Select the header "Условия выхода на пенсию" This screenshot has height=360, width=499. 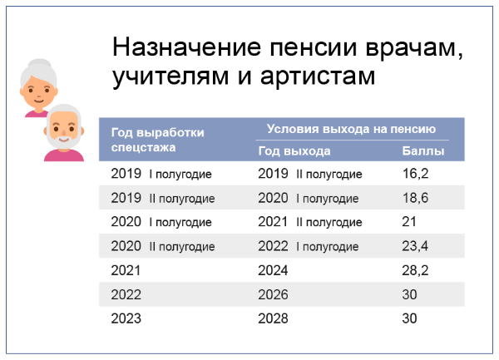[x=351, y=129]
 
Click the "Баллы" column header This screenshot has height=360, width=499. [x=423, y=151]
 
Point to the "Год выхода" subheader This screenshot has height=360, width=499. [x=294, y=151]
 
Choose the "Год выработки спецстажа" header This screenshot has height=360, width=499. [x=158, y=139]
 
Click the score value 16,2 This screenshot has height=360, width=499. [x=415, y=175]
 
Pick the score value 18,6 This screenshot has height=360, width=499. [x=415, y=199]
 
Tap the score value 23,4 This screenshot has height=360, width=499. [x=415, y=246]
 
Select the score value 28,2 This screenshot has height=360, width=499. [x=415, y=270]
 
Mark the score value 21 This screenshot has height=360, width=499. [x=409, y=222]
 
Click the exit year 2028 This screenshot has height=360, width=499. [x=273, y=318]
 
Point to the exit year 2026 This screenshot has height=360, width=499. [x=273, y=294]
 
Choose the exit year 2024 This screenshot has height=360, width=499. [x=273, y=270]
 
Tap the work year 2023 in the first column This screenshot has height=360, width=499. [x=126, y=318]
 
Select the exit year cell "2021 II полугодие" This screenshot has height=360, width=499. [x=310, y=222]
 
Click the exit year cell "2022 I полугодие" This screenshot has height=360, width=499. [x=308, y=246]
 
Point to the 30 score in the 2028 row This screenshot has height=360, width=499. [x=410, y=318]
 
